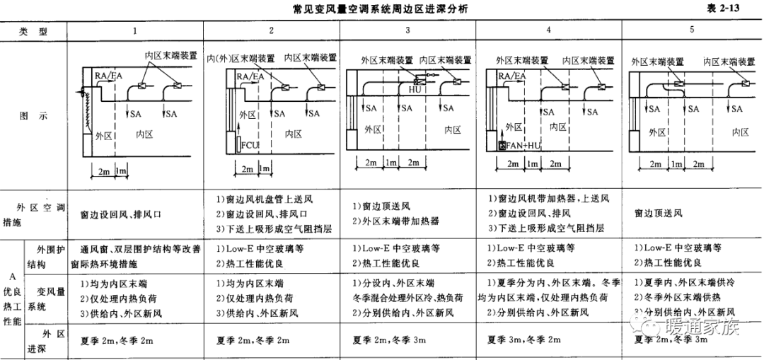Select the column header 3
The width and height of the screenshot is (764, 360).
[x=407, y=30]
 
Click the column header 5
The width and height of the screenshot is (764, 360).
[x=692, y=30]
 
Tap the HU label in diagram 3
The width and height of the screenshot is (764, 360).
[x=415, y=89]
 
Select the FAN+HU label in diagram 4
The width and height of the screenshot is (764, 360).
[x=523, y=146]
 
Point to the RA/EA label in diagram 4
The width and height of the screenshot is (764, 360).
[x=512, y=75]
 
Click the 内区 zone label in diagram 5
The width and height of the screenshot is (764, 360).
[x=740, y=132]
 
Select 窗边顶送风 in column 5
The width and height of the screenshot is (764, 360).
[x=659, y=212]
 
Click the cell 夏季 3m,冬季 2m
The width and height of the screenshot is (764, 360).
[x=531, y=341]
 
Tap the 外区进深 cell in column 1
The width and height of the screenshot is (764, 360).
[x=117, y=341]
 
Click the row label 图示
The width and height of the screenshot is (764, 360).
[x=34, y=116]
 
